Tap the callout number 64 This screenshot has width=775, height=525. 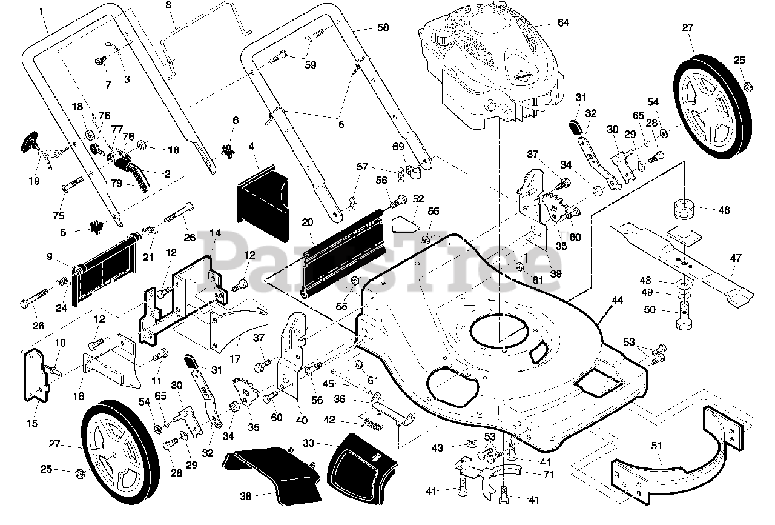tap(563, 24)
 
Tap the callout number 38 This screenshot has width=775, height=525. tap(246, 496)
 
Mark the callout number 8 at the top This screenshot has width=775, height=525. tap(168, 5)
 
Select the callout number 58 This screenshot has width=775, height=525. tap(383, 27)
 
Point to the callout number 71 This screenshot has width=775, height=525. tap(549, 475)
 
